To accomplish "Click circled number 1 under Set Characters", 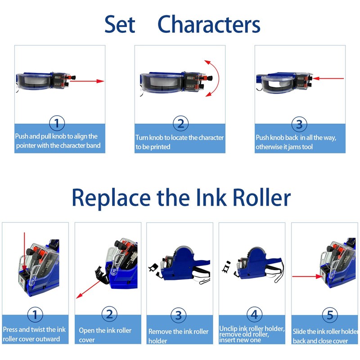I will (57, 123).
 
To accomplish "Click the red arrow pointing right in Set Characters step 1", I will (88, 81).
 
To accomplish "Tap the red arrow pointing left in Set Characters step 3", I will (328, 78).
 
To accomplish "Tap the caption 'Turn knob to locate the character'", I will (180, 142).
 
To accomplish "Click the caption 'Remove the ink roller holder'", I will (179, 336).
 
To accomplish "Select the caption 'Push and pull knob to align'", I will (57, 141).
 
